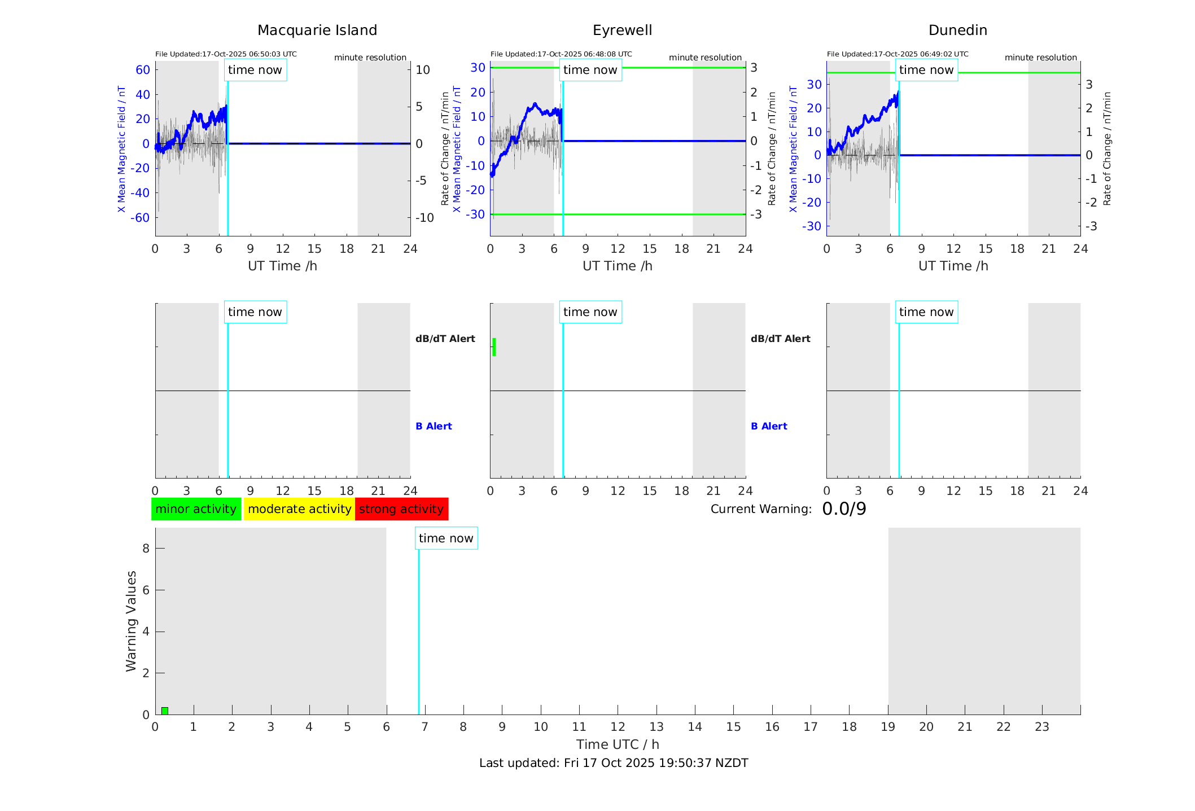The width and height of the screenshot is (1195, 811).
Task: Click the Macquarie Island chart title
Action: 317,30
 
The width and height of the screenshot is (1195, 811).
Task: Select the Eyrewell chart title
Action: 622,30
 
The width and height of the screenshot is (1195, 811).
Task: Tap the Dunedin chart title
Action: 957,30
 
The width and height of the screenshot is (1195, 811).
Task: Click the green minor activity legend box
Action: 196,509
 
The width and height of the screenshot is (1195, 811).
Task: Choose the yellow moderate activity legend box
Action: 299,509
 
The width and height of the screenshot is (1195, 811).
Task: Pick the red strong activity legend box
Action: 401,509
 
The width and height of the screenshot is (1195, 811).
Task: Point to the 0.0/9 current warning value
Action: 844,509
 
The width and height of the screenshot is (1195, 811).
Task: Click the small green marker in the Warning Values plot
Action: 165,711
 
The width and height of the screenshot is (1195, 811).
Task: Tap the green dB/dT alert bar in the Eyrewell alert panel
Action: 494,347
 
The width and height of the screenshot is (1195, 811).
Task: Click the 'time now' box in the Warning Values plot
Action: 446,538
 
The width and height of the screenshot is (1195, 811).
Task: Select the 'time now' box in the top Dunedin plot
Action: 926,70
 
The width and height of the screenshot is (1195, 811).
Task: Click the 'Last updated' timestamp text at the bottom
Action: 614,763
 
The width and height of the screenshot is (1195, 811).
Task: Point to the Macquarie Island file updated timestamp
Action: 226,54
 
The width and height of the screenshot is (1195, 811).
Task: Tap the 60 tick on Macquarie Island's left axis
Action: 143,70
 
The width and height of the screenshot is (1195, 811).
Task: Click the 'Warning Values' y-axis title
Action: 132,621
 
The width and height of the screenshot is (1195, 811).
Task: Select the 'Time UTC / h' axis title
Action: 618,744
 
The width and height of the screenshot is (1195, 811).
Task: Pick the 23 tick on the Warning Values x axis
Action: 1041,727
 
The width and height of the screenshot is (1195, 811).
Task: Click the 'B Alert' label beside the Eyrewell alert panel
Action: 769,426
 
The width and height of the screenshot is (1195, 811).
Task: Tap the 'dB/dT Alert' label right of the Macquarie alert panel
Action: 445,339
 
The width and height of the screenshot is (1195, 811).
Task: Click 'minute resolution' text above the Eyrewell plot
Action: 705,58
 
